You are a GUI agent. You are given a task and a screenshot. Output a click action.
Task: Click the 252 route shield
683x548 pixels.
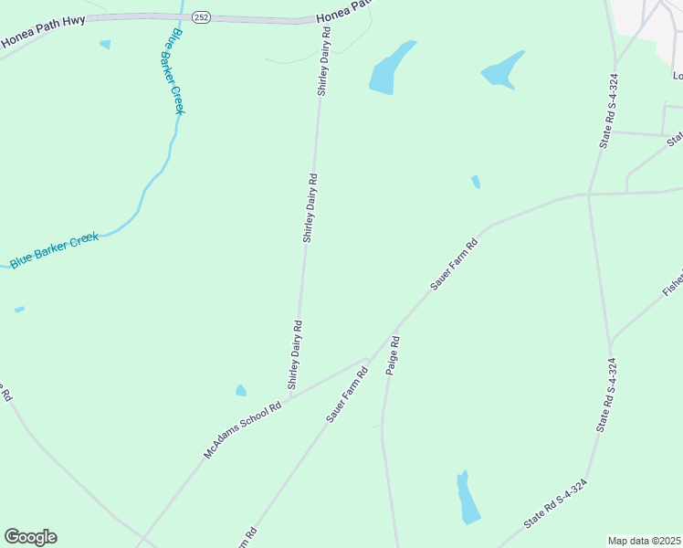[x=202, y=16]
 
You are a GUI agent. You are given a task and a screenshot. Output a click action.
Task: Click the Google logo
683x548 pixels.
[x=30, y=537]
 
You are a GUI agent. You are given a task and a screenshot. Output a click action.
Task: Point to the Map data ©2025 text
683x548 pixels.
[x=645, y=541]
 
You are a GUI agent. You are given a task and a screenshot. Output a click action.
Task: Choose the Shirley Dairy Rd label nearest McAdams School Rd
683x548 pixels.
[x=295, y=354]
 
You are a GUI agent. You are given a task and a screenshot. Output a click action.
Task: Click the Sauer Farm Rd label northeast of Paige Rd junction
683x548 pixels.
[x=454, y=266]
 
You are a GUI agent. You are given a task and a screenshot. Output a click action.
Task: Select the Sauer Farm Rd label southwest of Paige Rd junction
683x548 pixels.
[x=347, y=395]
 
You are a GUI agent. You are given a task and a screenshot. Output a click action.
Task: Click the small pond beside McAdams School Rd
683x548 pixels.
[x=241, y=391]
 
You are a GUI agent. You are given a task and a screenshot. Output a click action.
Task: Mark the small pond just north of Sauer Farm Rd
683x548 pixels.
[x=475, y=182]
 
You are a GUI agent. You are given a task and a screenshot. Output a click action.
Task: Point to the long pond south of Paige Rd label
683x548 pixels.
[x=468, y=498]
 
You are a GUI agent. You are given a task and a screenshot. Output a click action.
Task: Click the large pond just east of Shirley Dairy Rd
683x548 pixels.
[x=388, y=69]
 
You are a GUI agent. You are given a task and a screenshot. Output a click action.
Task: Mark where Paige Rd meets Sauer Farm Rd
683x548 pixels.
[x=393, y=331]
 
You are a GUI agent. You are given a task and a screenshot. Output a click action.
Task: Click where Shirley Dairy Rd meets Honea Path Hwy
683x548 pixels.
[x=321, y=20]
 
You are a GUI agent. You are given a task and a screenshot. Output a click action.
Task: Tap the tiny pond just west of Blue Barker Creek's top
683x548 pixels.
[x=105, y=44]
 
